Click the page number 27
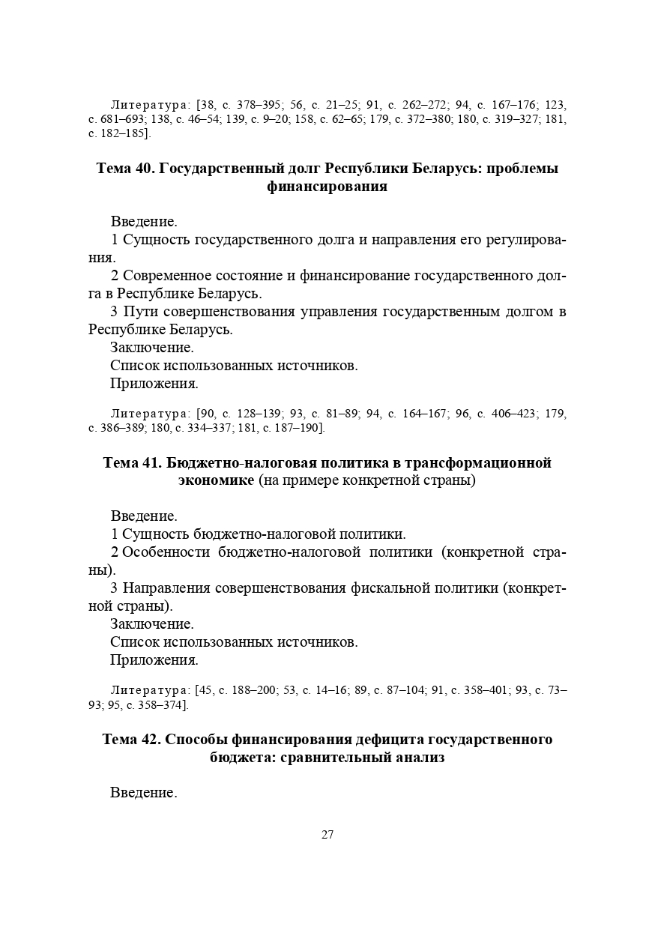tap(327, 835)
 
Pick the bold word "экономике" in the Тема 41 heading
tap(216, 480)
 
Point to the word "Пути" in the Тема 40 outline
tap(140, 311)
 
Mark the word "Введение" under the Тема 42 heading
tap(143, 792)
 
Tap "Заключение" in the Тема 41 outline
tap(152, 623)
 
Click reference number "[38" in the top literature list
tap(205, 105)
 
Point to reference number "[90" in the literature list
tap(205, 414)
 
